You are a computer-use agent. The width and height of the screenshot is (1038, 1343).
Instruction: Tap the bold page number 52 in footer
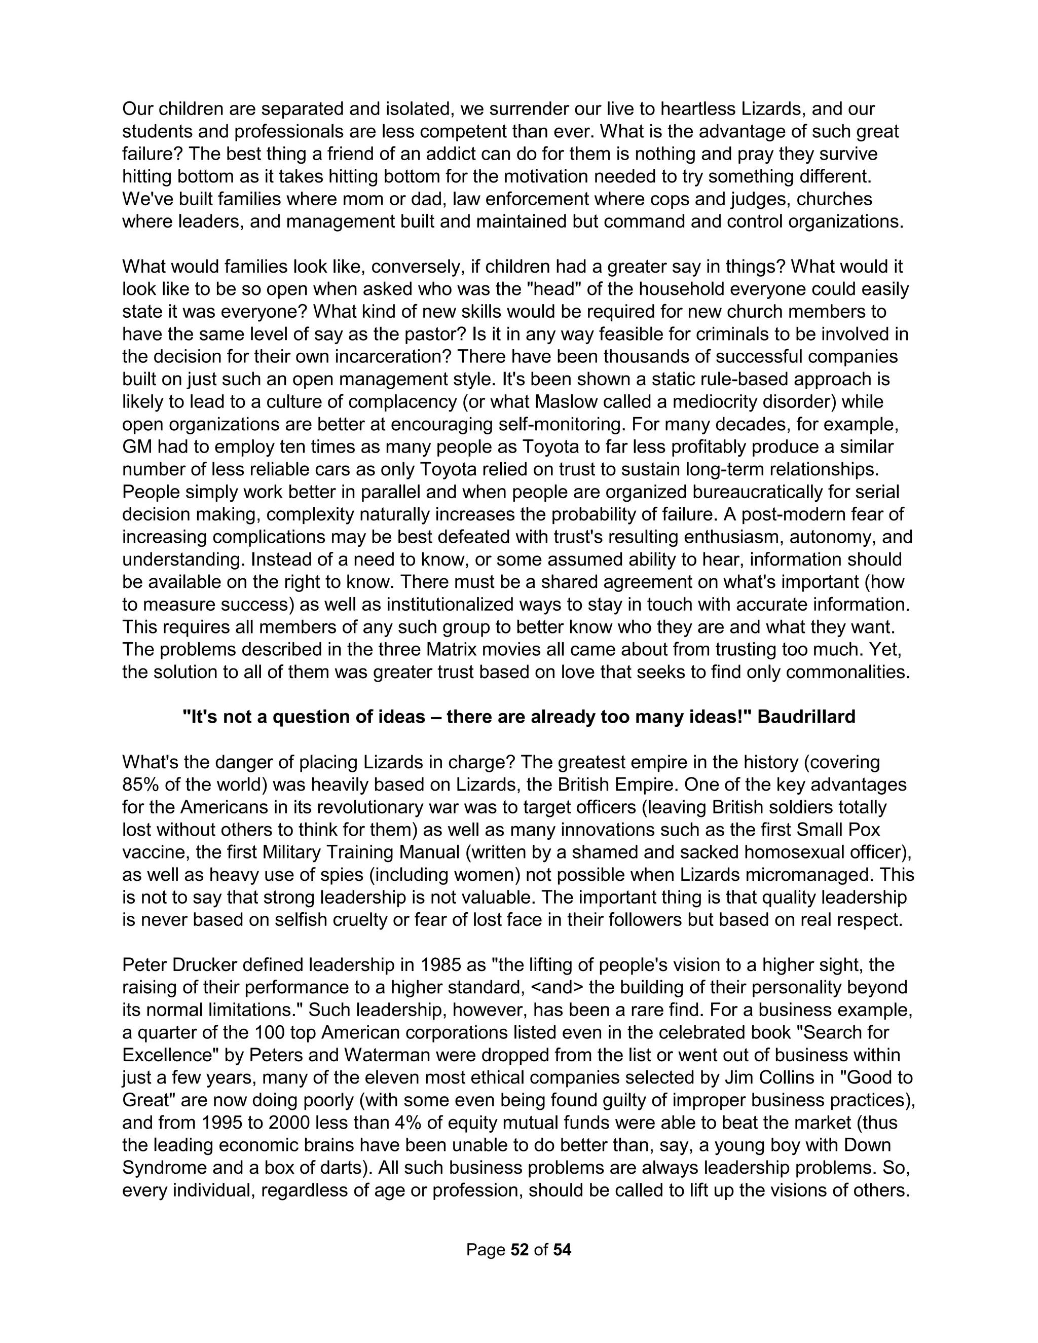click(x=520, y=1250)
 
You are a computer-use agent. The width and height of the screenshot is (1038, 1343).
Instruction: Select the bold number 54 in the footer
click(x=562, y=1250)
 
